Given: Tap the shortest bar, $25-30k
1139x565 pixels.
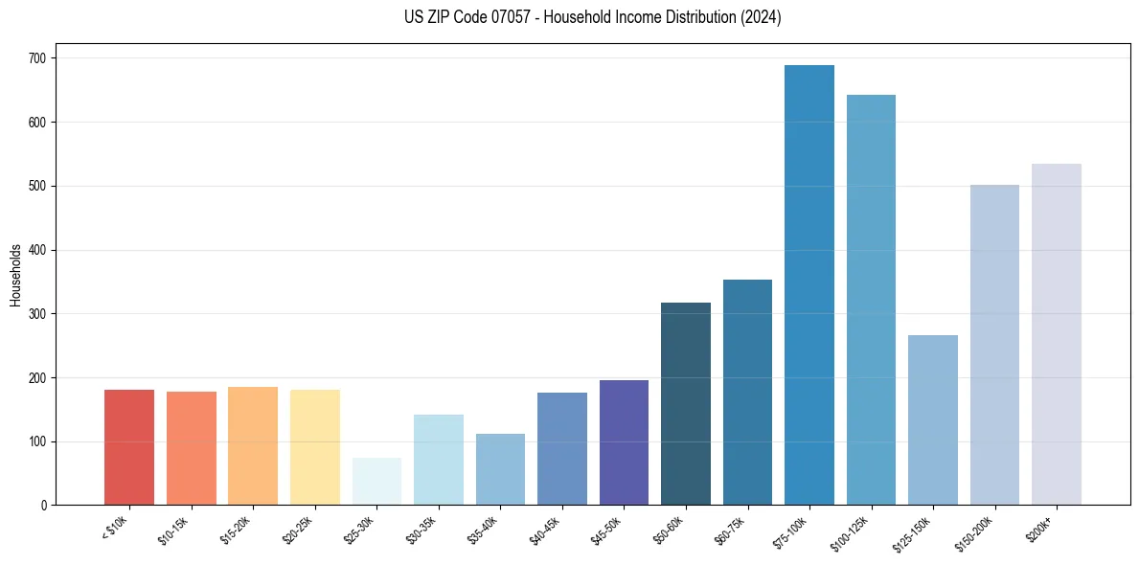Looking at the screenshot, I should [376, 482].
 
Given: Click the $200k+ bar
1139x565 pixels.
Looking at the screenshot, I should [1057, 334].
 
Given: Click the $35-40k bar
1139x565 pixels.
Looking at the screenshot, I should [500, 469].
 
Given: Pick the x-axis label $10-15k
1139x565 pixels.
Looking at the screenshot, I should [172, 530].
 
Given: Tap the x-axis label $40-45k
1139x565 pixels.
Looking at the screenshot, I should [544, 530].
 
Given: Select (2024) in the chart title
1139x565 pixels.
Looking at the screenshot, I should [760, 17].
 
